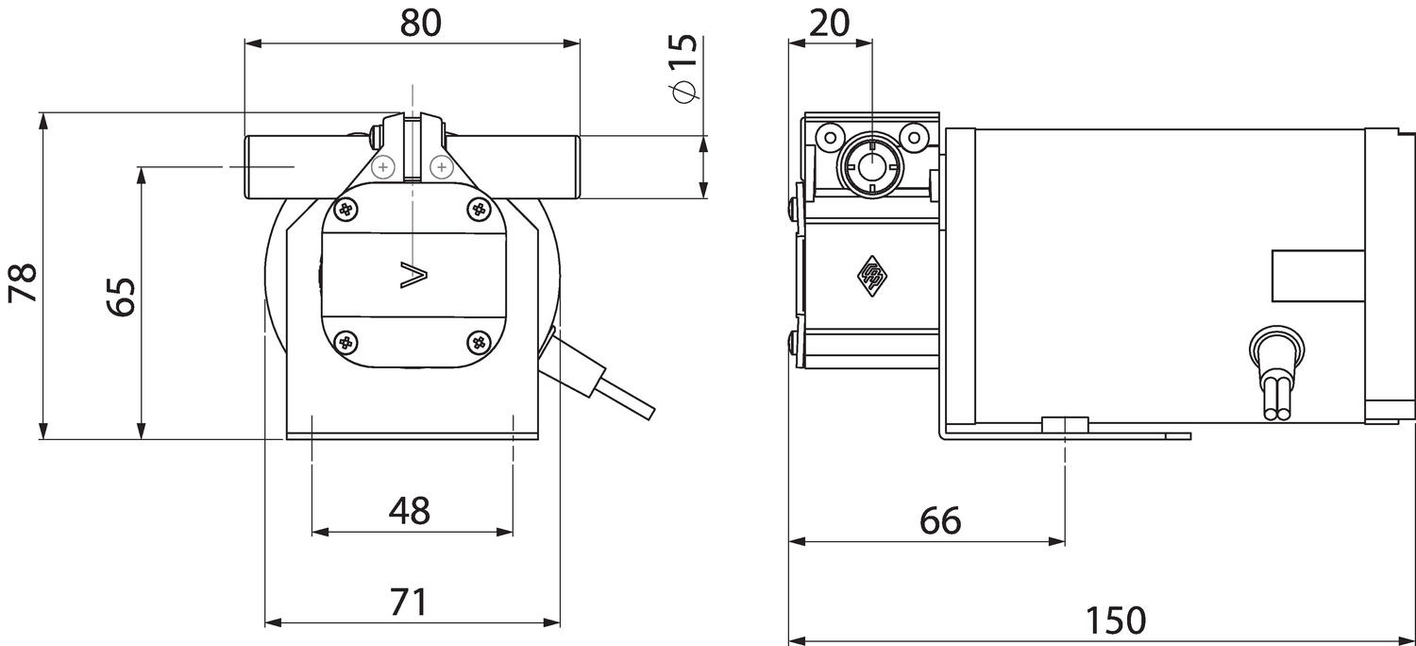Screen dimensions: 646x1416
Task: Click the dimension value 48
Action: click(x=410, y=511)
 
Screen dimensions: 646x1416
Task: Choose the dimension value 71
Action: click(x=410, y=602)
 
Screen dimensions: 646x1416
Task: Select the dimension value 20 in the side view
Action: click(x=830, y=22)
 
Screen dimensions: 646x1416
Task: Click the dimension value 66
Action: click(x=940, y=519)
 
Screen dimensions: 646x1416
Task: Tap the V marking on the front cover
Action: click(x=413, y=275)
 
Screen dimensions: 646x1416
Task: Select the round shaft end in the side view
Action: click(x=870, y=167)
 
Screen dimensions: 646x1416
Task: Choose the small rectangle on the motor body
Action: click(x=1318, y=277)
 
